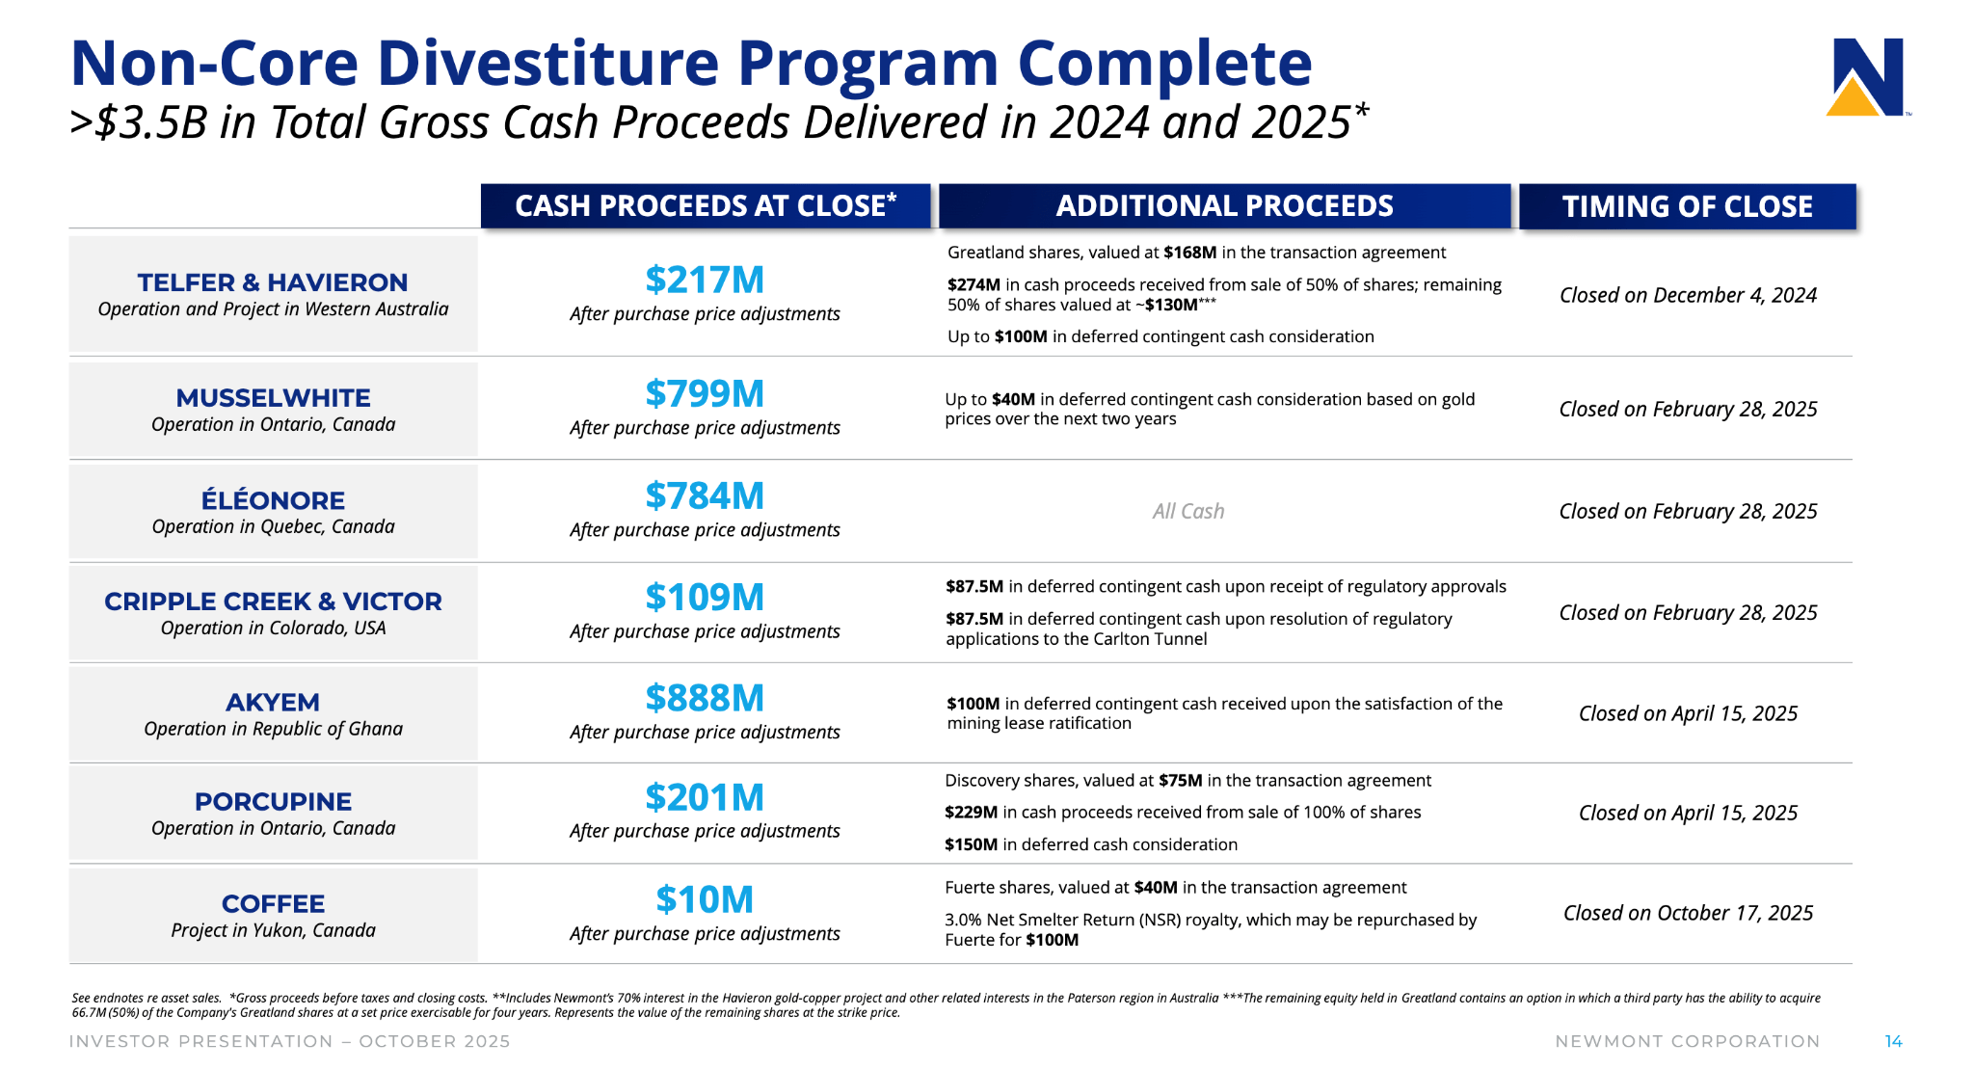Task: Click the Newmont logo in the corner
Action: [1867, 77]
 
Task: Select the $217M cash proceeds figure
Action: [705, 280]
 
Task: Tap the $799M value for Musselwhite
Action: [705, 393]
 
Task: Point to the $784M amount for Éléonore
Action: [705, 495]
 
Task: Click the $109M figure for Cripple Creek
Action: [705, 597]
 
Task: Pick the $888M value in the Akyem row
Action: [705, 698]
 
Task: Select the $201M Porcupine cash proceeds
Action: [705, 797]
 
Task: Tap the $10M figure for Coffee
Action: [705, 899]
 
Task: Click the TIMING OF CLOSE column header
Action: [1687, 206]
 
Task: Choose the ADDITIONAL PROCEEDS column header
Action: [1224, 206]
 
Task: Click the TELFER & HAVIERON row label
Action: [273, 282]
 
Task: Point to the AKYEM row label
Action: [273, 703]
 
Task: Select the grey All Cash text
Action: [1187, 511]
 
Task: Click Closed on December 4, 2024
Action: [1688, 295]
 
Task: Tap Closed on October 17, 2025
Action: [1688, 913]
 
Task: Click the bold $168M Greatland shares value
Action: [1189, 253]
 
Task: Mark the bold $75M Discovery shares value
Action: [1180, 781]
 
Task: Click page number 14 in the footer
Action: [1893, 1041]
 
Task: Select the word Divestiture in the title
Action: [547, 64]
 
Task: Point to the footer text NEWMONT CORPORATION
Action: [1687, 1041]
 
